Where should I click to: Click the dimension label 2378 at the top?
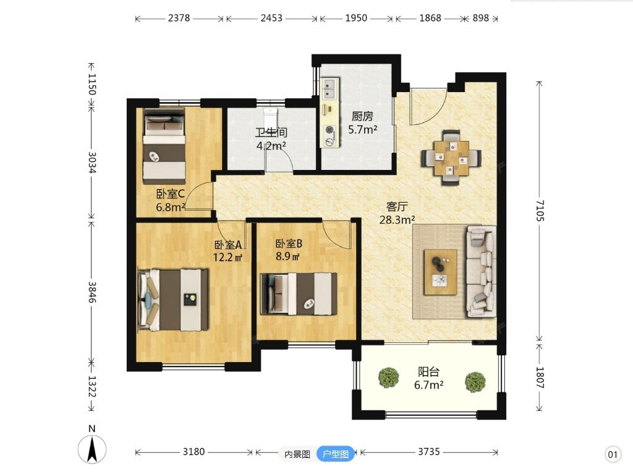[179, 18]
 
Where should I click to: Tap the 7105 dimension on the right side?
[540, 211]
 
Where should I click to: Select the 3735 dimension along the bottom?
[429, 451]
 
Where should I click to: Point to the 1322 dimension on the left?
[92, 386]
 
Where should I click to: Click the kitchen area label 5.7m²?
[362, 130]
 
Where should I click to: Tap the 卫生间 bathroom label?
[271, 132]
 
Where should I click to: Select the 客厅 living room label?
[397, 207]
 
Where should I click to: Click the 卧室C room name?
[171, 194]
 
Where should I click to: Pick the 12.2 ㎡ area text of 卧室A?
[227, 257]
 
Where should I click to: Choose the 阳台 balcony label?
[428, 371]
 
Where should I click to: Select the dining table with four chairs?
[451, 158]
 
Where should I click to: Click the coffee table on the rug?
[440, 272]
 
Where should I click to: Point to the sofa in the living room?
[481, 271]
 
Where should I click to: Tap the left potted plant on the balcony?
[389, 378]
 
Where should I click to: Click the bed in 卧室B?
[299, 294]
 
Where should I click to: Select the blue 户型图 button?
[336, 454]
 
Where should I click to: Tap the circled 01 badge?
[613, 455]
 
